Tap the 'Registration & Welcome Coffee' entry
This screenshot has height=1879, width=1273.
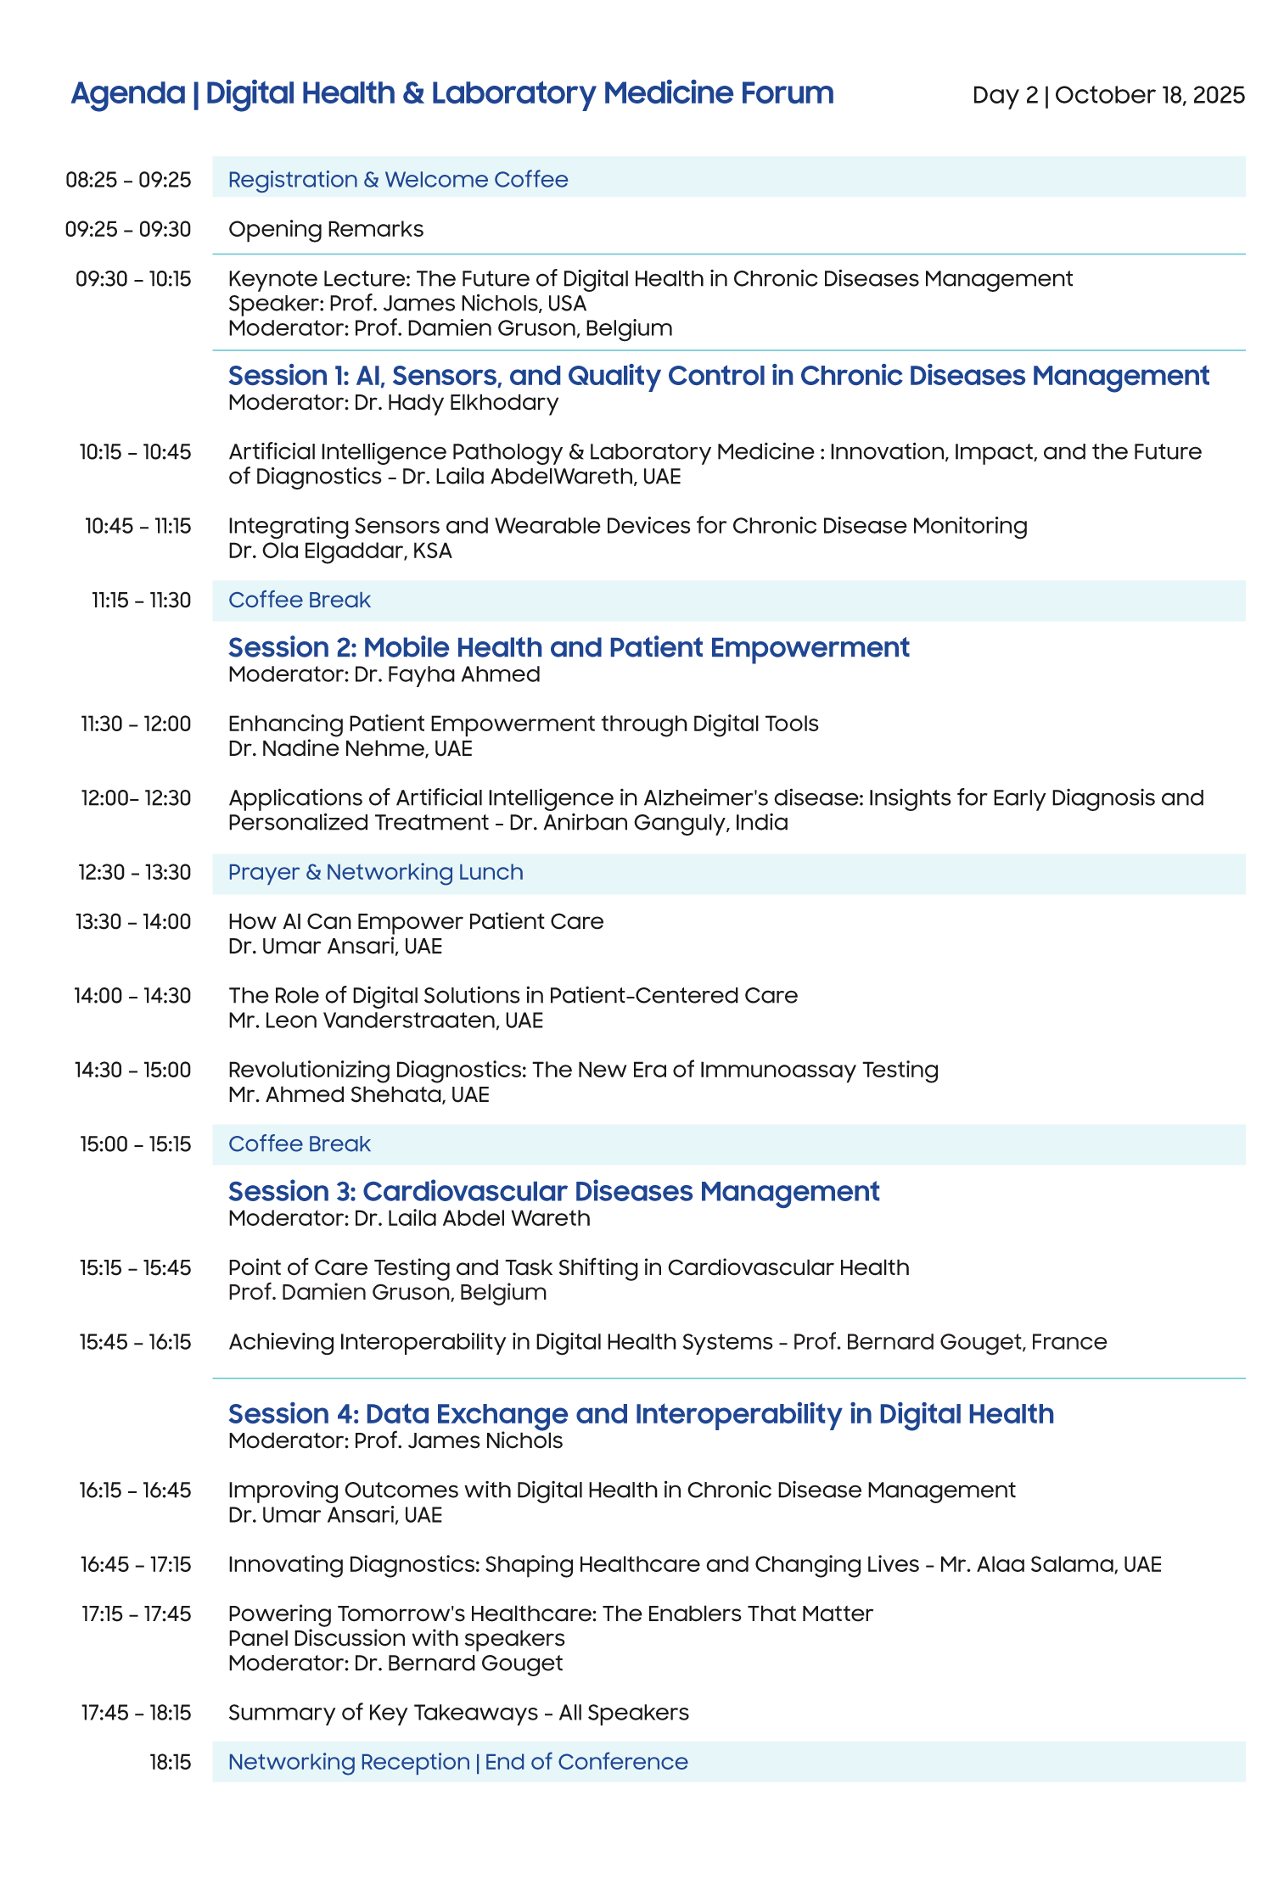tap(398, 180)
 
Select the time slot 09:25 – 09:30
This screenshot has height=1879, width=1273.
tap(128, 229)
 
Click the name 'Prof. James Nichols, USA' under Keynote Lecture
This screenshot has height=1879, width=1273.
tap(457, 304)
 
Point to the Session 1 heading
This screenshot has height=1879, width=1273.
tap(718, 376)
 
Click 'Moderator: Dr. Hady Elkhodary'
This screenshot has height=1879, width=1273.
tap(393, 402)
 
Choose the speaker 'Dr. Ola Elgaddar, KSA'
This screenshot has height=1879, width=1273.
tap(339, 551)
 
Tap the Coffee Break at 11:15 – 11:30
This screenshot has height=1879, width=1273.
tap(300, 601)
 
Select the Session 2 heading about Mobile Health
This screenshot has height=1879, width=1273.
tap(569, 648)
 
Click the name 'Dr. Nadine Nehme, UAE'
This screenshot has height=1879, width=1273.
tap(350, 748)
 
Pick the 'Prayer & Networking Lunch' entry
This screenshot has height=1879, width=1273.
tap(375, 872)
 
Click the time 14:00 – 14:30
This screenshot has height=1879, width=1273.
tap(132, 996)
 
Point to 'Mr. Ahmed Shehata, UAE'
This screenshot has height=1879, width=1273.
tap(358, 1094)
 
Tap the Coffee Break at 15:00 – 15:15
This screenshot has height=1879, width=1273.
tap(300, 1144)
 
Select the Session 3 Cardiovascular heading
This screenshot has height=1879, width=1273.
tap(553, 1192)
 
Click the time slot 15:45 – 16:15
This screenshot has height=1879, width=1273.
tap(136, 1342)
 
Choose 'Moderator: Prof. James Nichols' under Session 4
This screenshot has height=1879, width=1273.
tap(395, 1440)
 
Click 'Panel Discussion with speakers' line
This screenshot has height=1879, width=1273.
tap(396, 1638)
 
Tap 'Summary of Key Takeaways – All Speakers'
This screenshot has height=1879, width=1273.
tap(458, 1713)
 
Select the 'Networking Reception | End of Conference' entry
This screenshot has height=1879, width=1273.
tap(457, 1762)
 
